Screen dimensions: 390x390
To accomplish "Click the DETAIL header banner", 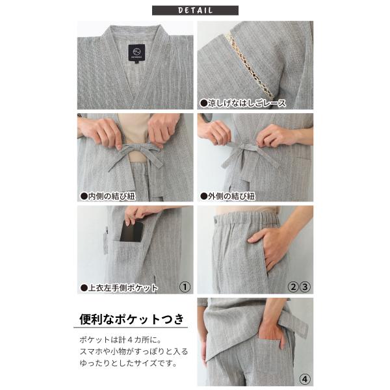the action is point(195,10).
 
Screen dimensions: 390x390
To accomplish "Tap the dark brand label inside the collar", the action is point(136,53).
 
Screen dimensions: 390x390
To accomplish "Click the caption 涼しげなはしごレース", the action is point(243,103).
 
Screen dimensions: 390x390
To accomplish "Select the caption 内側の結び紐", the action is point(108,196).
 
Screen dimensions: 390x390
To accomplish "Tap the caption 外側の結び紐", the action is point(227,196).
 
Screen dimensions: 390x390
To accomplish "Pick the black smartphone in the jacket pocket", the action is point(131,231).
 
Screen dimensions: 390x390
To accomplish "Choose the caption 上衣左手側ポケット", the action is point(119,288).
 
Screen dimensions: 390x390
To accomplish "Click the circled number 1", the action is point(185,287).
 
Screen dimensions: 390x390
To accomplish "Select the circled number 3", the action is point(305,287).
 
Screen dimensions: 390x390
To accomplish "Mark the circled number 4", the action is point(305,380).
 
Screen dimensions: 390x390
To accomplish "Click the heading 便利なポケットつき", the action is point(131,319).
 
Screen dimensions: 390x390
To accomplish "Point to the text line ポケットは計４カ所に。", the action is point(121,340).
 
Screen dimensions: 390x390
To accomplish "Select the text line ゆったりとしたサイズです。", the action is point(128,363).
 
